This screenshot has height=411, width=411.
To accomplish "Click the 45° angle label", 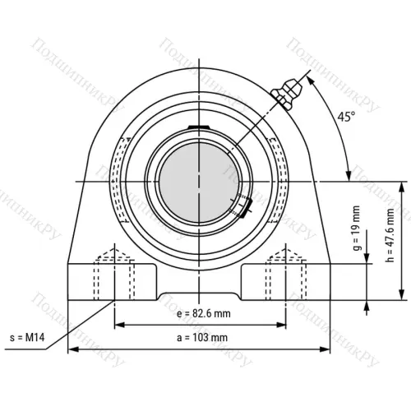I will [x=346, y=118].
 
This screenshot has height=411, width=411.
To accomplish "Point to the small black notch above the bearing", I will [x=198, y=126].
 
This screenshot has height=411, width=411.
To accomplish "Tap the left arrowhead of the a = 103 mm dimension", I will [x=71, y=349].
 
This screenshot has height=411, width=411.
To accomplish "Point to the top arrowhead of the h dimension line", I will [x=402, y=185].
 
